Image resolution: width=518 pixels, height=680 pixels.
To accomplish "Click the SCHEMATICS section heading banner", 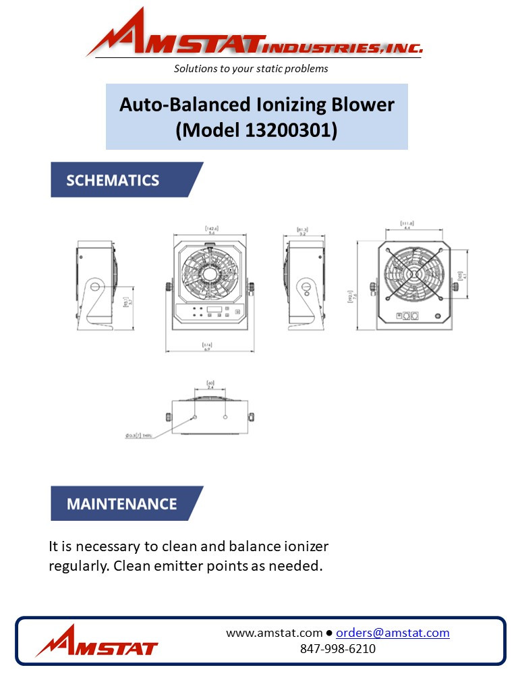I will pyautogui.click(x=113, y=180).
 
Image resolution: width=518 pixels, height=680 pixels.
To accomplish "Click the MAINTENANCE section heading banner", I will pyautogui.click(x=121, y=504).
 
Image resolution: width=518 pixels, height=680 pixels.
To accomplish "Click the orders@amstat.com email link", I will pyautogui.click(x=393, y=633).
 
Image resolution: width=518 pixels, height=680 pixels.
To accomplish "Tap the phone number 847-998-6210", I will pyautogui.click(x=337, y=649).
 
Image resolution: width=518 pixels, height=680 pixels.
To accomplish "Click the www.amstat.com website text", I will pyautogui.click(x=274, y=633).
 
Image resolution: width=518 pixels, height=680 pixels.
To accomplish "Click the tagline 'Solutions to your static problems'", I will pyautogui.click(x=251, y=69).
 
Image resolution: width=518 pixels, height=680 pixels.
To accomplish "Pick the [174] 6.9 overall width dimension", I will pyautogui.click(x=208, y=346).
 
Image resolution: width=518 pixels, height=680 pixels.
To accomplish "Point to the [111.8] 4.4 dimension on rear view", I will pyautogui.click(x=406, y=226).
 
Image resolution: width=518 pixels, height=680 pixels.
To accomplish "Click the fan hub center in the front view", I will pyautogui.click(x=208, y=275).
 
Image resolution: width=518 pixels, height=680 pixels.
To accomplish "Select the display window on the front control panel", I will pyautogui.click(x=214, y=311).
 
